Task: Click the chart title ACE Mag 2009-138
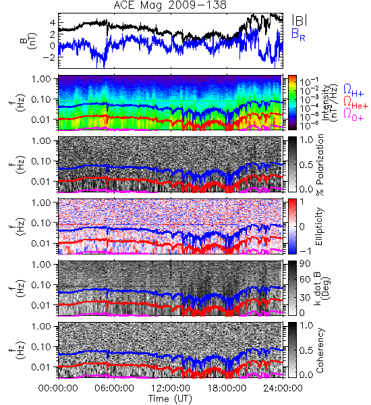tap(170, 5)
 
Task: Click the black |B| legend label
tap(299, 20)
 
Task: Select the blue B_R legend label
tap(298, 34)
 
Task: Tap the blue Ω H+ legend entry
tap(353, 90)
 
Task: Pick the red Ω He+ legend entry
tap(355, 103)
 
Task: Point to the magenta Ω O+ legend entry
tap(353, 115)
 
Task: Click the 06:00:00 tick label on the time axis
tap(114, 388)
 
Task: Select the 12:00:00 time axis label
tap(171, 388)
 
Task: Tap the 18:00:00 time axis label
tap(227, 388)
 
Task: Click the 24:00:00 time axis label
tap(283, 388)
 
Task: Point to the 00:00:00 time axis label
tap(58, 388)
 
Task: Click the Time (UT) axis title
tap(170, 399)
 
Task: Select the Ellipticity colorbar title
tap(319, 227)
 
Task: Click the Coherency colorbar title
tap(320, 350)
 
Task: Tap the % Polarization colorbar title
tap(320, 165)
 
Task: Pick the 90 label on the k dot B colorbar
tap(305, 263)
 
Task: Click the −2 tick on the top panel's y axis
tap(49, 57)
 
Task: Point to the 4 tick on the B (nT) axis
tap(53, 23)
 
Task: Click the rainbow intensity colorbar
tap(292, 103)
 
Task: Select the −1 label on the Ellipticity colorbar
tap(305, 250)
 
